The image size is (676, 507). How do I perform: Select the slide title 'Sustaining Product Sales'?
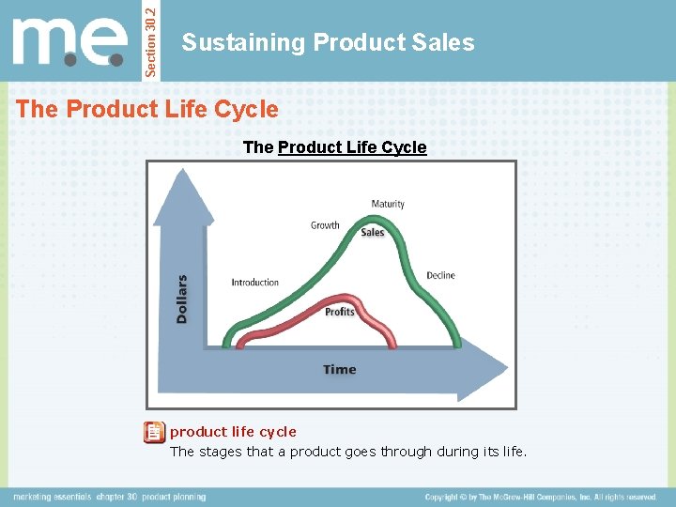328,42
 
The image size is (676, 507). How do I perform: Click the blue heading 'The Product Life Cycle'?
147,109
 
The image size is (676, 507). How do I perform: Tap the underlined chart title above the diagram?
334,147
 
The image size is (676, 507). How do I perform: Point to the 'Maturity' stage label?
388,204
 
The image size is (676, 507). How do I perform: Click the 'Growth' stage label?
325,225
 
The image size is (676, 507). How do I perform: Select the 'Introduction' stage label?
255,282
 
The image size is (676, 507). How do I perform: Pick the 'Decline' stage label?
440,275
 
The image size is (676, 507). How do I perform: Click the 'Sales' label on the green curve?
373,233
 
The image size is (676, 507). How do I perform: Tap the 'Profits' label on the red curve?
339,312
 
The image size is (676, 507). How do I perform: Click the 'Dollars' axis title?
182,299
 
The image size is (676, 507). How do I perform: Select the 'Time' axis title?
340,369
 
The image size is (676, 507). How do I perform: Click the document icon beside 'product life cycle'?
153,433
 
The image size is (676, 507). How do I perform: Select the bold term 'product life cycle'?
233,432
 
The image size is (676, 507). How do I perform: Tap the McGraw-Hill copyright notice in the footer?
541,497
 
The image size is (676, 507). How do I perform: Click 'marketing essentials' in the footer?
52,497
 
